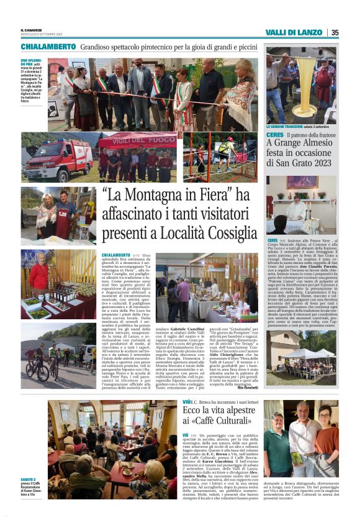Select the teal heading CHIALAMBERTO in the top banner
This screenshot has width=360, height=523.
(49, 47)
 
